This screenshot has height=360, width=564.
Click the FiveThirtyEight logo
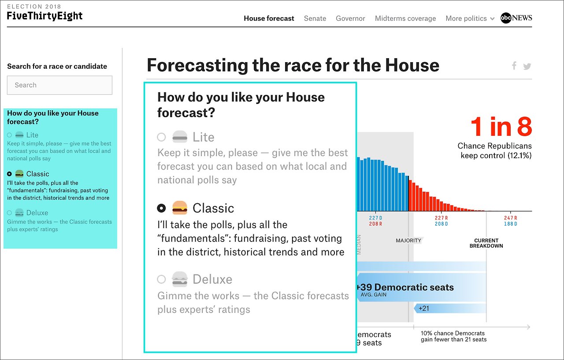45,16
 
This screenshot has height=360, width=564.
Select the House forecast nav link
269,19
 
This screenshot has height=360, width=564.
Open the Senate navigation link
315,19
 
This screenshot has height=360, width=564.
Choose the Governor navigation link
350,19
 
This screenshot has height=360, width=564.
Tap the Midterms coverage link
405,19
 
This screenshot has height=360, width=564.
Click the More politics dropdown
470,19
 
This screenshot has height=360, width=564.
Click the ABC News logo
516,18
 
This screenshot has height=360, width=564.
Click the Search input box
59,85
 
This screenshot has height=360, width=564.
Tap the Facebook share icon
514,66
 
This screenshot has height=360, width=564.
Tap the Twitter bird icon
527,67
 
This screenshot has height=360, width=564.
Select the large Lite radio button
161,137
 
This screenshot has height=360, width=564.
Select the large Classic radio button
161,208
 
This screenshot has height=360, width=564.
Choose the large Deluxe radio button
161,279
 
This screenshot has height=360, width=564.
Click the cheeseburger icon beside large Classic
180,208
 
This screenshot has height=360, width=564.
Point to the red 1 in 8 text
501,127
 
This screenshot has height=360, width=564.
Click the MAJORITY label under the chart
408,241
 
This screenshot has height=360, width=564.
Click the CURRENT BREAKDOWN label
486,243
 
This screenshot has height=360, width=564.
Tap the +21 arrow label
423,308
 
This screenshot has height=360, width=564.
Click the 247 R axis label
511,218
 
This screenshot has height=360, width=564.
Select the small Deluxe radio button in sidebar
9,213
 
